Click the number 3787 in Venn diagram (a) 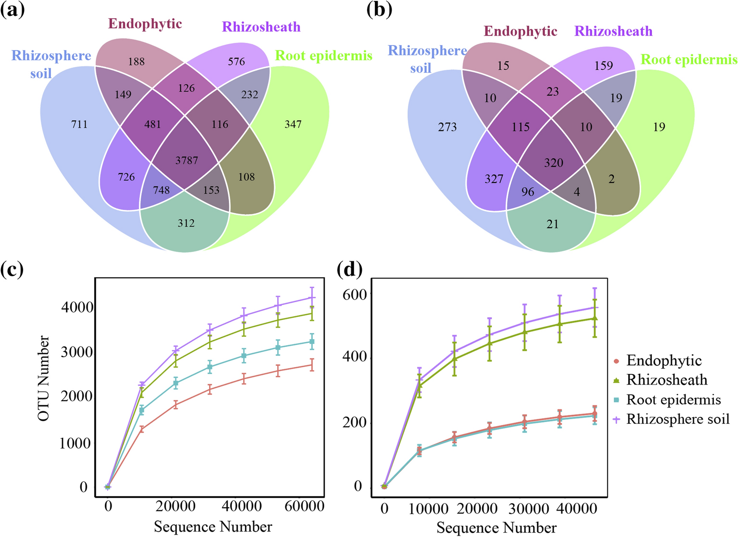(187, 160)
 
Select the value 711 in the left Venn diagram (79, 125)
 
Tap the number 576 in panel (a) (236, 62)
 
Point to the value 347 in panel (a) (293, 125)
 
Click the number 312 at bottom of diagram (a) (186, 223)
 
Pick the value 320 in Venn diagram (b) (553, 163)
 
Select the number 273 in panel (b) (447, 127)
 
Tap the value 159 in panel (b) (603, 65)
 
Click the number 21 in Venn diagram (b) (552, 224)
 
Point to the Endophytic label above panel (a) (145, 24)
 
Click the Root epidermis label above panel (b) (689, 60)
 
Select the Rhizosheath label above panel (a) (261, 27)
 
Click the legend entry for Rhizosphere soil (677, 419)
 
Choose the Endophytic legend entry (663, 360)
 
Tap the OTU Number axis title (44, 378)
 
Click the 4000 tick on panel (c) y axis (77, 307)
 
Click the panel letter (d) (350, 269)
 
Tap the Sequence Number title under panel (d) (496, 528)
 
